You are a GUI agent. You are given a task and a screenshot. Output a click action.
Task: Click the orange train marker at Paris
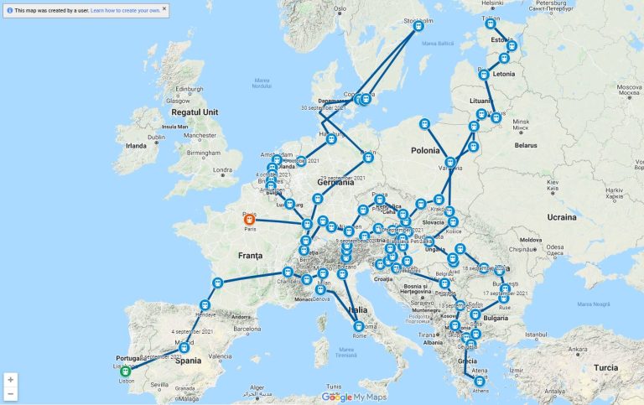(250, 221)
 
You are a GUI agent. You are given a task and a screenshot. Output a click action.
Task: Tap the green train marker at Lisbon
(125, 371)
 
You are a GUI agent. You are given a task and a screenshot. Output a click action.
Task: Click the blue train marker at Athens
(479, 381)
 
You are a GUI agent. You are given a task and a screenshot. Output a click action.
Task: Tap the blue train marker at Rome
(359, 326)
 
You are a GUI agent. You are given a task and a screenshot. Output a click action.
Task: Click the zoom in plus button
(10, 380)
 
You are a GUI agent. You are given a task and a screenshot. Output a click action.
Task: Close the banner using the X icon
(164, 8)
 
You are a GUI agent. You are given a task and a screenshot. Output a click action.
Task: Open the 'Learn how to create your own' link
(125, 10)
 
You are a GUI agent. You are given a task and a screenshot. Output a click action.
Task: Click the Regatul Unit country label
(195, 112)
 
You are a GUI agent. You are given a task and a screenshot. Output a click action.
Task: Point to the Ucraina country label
(561, 217)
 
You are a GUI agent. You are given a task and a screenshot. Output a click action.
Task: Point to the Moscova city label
(629, 86)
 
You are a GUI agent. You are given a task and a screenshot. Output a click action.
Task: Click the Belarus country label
(526, 144)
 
